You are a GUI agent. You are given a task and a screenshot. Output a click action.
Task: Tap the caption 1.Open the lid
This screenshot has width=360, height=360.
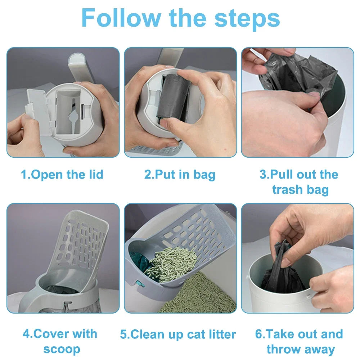[x=62, y=175]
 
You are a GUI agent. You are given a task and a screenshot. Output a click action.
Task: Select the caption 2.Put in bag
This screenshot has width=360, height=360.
[x=180, y=175]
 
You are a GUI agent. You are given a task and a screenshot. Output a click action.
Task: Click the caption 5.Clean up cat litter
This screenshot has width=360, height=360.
[x=178, y=334]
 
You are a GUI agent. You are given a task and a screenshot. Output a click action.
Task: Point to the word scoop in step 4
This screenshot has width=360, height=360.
[x=62, y=349]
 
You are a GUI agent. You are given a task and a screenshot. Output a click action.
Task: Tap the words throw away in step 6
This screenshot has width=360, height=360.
[x=300, y=349]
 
